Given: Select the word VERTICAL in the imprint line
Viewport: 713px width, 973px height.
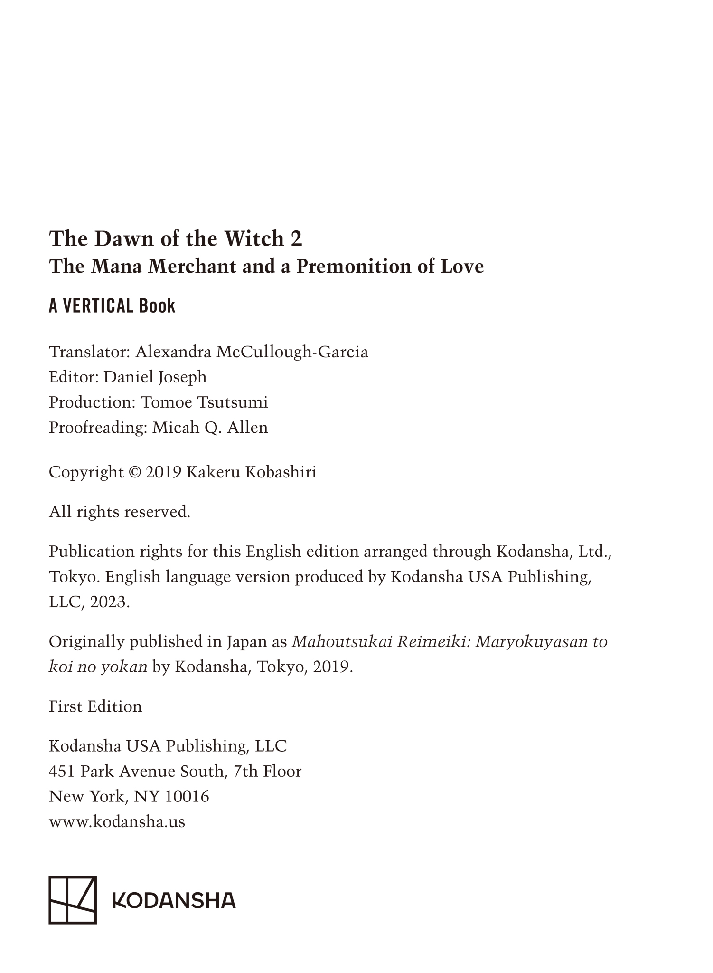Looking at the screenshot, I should coord(97,306).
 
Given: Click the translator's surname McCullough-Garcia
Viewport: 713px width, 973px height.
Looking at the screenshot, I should coord(292,352).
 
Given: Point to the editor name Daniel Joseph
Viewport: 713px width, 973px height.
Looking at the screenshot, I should coord(155,377).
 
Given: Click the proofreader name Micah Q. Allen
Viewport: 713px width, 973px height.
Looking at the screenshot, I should coord(210,428).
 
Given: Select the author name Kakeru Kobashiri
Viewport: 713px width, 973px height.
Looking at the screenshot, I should coord(252,473).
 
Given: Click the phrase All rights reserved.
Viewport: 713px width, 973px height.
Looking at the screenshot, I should coord(120,512).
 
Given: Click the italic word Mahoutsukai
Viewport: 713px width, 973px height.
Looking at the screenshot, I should coord(342,642).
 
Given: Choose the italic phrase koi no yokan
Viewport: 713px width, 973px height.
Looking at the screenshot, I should coord(98,667).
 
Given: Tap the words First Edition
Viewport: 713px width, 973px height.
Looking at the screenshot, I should coord(95,706).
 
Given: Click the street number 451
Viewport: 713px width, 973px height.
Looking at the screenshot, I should coord(62,772).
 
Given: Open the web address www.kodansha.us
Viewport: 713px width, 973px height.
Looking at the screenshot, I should coord(117,822).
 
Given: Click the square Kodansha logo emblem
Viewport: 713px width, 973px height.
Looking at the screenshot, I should coord(73,900).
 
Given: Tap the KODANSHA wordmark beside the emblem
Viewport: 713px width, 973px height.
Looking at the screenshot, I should coord(174,900).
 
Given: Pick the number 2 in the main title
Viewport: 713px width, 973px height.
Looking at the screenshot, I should coord(296,238).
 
